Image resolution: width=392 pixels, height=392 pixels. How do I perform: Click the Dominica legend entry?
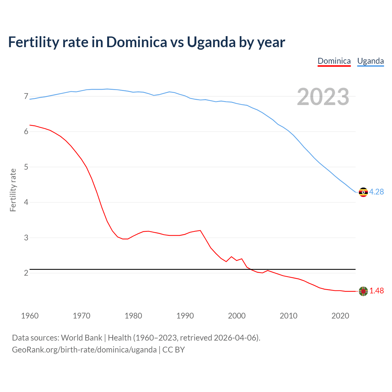334,61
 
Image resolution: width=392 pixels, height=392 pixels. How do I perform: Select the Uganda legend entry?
370,61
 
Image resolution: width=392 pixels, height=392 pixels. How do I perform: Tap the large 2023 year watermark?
323,97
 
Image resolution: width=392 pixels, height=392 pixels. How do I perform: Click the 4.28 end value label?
376,192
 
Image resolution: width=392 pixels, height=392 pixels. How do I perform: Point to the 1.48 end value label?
376,291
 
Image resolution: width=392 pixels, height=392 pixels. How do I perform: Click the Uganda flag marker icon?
363,192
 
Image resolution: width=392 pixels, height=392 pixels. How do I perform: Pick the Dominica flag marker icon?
363,291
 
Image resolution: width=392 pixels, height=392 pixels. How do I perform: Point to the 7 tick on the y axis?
26,96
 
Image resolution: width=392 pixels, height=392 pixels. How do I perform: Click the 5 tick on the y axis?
26,167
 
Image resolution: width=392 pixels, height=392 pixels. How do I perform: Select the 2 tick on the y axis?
26,273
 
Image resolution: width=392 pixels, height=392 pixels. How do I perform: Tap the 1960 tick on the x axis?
30,316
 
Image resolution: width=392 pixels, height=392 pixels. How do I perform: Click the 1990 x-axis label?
185,316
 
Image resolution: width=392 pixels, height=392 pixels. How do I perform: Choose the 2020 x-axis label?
340,316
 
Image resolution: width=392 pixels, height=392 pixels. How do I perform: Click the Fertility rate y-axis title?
13,190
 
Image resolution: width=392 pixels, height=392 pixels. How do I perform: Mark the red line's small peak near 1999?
231,257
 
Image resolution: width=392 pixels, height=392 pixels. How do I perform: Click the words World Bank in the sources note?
81,338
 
